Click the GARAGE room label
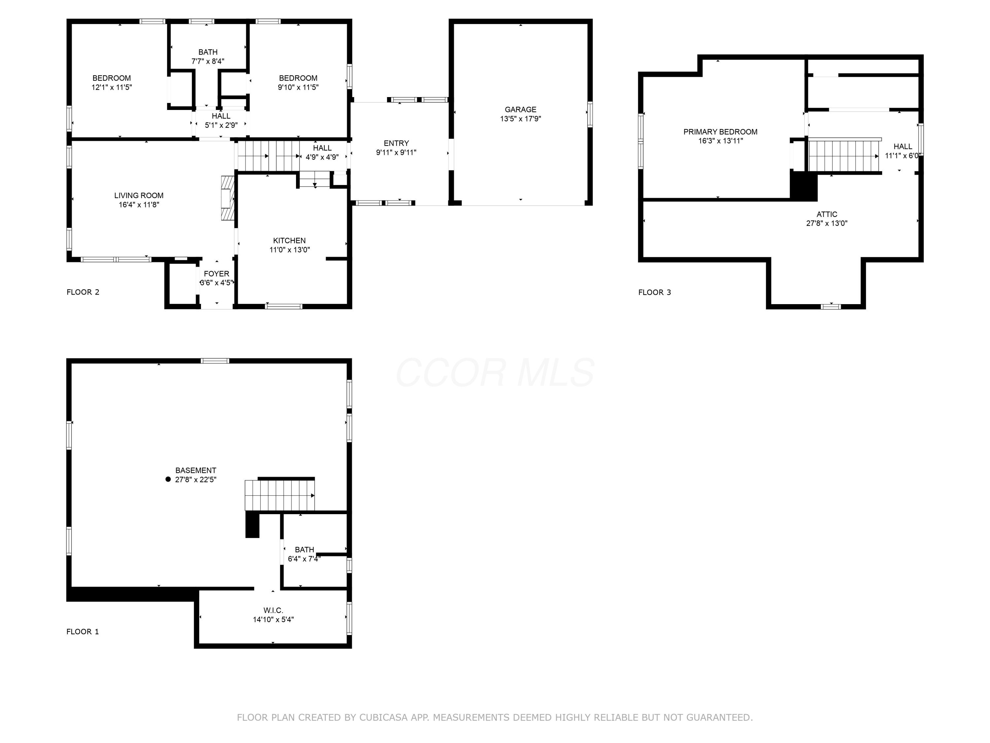(x=520, y=110)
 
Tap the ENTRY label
(x=396, y=143)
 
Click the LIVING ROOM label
(x=139, y=195)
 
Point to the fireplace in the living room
(x=228, y=197)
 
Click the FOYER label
(x=216, y=274)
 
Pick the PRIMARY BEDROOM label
(x=720, y=132)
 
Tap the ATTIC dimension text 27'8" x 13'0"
(x=827, y=223)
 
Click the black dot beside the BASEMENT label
(x=168, y=479)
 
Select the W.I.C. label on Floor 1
(x=273, y=611)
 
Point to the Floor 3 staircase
(x=844, y=156)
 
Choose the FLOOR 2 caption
(x=83, y=292)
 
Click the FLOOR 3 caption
(x=654, y=293)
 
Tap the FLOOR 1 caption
(x=82, y=631)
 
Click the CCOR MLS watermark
(x=495, y=372)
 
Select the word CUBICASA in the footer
(x=383, y=718)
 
